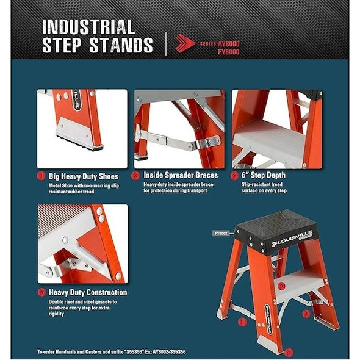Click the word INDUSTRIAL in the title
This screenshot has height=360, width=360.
88,27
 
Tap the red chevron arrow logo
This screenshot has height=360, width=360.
184,43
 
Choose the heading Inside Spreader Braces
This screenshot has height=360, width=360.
180,175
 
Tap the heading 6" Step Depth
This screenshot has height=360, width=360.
263,175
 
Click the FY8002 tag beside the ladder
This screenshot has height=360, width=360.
221,232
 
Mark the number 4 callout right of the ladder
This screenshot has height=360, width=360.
306,313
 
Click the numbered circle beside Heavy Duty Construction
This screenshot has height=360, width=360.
41,292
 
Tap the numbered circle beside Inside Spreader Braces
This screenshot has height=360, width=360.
137,175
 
